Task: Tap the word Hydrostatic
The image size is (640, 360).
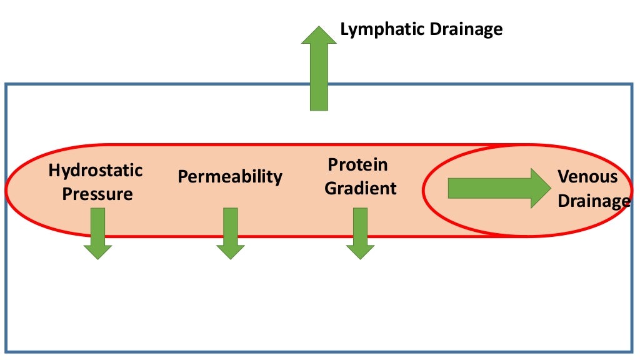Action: (96, 171)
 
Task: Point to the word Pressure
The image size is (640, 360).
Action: (97, 194)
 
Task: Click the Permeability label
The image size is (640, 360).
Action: (230, 177)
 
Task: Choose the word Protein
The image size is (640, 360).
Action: (358, 165)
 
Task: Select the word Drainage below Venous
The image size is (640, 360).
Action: (594, 201)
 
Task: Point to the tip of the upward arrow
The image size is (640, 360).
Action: (319, 27)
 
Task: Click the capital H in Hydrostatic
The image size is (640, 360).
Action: (54, 171)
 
